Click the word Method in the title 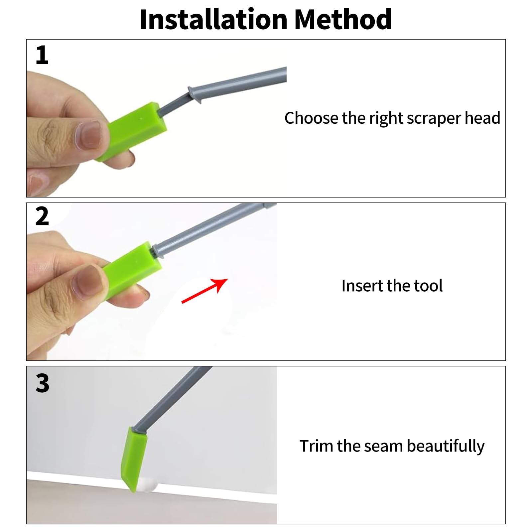[343, 19]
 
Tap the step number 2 [42, 216]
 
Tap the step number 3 [42, 383]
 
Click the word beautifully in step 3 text [446, 446]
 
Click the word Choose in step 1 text [311, 118]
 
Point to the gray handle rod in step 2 [213, 229]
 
